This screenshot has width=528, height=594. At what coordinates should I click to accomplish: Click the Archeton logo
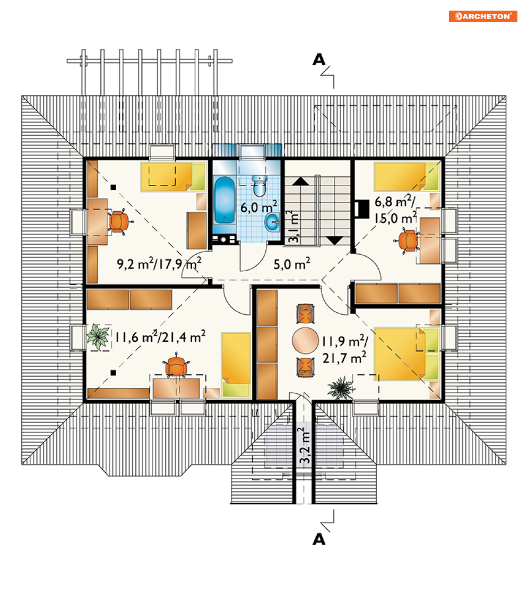[x=483, y=16]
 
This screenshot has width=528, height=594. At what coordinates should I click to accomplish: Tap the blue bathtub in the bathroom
[x=224, y=200]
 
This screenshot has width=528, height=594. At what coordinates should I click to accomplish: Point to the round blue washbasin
[x=272, y=222]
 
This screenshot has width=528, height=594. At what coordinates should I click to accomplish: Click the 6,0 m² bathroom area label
[x=259, y=207]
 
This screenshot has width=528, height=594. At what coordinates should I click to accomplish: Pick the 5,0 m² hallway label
[x=292, y=264]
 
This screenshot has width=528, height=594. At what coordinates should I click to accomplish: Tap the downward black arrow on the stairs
[x=335, y=240]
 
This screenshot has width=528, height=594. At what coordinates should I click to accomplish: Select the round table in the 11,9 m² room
[x=305, y=341]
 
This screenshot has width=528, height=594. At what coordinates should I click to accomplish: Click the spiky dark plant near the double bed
[x=341, y=388]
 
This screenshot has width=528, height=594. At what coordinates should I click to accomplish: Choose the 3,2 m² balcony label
[x=305, y=445]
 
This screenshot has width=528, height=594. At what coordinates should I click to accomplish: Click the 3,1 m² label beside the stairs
[x=293, y=226]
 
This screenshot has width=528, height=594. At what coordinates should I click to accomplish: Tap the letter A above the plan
[x=319, y=59]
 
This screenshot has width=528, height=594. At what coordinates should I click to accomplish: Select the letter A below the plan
[x=319, y=539]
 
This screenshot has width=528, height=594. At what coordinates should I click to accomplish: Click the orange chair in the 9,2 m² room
[x=118, y=221]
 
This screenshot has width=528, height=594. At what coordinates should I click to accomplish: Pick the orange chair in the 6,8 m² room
[x=408, y=240]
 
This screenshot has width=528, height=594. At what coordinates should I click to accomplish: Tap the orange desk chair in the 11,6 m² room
[x=176, y=365]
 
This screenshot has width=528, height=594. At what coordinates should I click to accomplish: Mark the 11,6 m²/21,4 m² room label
[x=161, y=337]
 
